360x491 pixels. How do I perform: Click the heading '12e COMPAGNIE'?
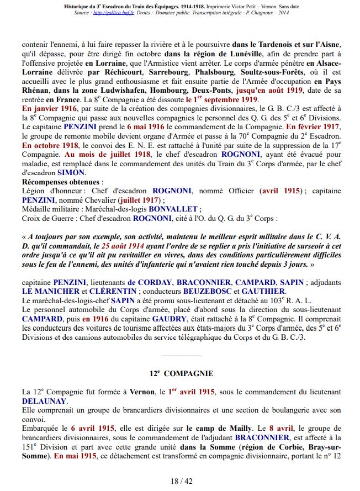(x=181, y=374)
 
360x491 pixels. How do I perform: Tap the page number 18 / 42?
(x=181, y=481)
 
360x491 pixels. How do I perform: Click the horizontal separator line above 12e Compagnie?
(x=179, y=356)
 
